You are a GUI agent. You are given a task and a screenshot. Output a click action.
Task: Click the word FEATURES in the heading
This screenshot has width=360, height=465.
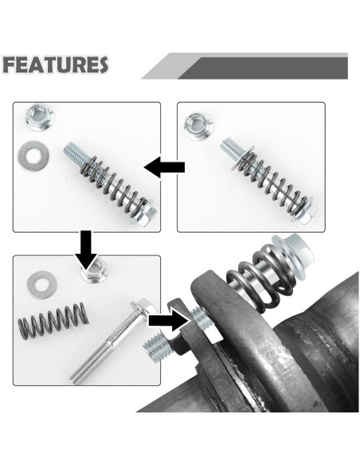tap(55, 65)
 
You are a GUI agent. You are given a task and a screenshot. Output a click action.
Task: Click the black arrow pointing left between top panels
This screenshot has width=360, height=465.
tap(166, 167)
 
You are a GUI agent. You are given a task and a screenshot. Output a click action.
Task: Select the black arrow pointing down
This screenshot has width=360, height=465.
tap(87, 251)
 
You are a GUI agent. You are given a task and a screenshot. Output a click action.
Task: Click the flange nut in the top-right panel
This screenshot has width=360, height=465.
tap(197, 125)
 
